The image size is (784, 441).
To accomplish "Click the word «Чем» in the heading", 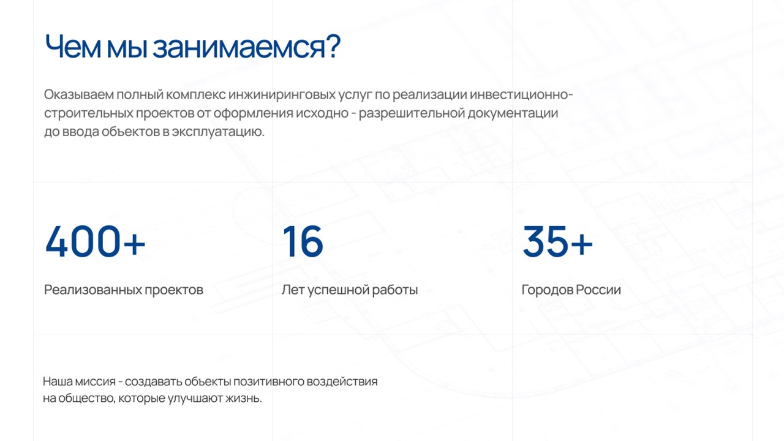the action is (x=73, y=47).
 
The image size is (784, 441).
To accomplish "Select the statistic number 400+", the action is (x=95, y=241).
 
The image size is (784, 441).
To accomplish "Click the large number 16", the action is (x=303, y=241).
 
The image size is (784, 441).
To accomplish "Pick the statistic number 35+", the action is (x=557, y=241).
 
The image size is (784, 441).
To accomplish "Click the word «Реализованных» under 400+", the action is (x=92, y=290).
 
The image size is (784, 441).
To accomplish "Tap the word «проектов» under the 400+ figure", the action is (x=174, y=290).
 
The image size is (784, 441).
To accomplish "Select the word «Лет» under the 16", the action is (x=293, y=290).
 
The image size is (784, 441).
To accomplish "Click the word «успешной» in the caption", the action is (x=339, y=290).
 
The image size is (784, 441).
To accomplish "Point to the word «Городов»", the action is (x=547, y=290).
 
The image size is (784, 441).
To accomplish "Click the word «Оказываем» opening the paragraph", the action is (x=79, y=94).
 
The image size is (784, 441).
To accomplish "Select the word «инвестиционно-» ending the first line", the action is (x=521, y=94).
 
